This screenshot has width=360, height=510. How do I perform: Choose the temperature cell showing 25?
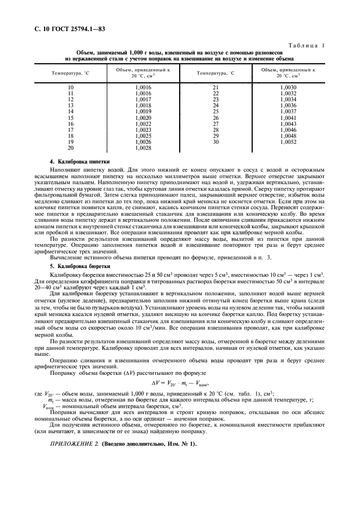tap(215, 112)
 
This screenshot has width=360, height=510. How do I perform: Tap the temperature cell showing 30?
tap(215, 142)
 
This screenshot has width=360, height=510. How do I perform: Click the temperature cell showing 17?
tap(70, 130)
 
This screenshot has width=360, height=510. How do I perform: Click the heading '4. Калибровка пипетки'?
tap(80, 162)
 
